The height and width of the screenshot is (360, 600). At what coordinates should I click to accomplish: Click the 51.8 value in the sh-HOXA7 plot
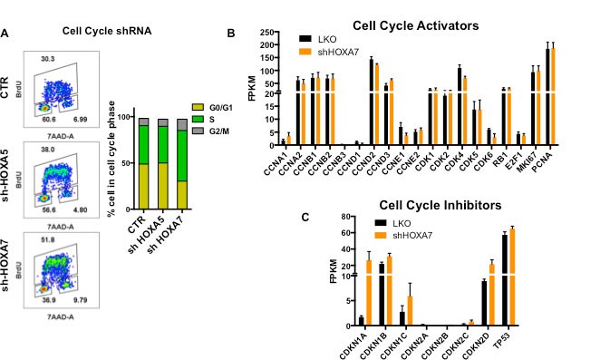[x=50, y=238]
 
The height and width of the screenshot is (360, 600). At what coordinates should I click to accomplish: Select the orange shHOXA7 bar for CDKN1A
[x=368, y=292]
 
